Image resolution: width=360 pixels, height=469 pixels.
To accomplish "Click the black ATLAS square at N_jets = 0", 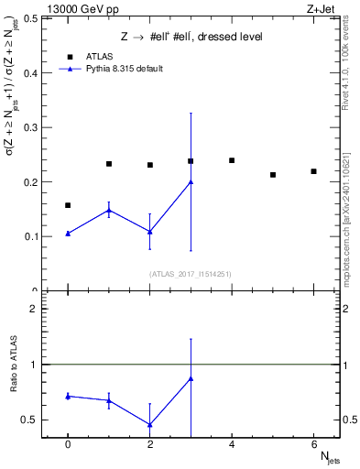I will [x=68, y=205].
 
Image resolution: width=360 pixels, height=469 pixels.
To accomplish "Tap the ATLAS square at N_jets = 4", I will [x=232, y=160].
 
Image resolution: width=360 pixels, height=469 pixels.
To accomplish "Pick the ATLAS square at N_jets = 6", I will [x=313, y=171].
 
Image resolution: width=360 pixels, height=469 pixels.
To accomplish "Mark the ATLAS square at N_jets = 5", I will [x=273, y=174].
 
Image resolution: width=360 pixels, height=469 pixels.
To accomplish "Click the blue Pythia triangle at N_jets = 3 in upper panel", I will [x=191, y=181].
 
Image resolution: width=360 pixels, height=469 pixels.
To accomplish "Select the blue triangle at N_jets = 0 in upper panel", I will [x=68, y=234].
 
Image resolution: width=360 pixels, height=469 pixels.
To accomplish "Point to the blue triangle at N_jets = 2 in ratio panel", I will [x=149, y=424].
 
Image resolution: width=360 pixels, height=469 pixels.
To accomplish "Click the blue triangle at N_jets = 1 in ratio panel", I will [x=109, y=400].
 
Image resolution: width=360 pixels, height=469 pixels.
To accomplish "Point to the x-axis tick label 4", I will [x=232, y=445].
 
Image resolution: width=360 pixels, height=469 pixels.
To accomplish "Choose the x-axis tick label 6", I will [x=313, y=445].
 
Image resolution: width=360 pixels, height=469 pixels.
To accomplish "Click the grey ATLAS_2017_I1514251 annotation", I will [x=190, y=274].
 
